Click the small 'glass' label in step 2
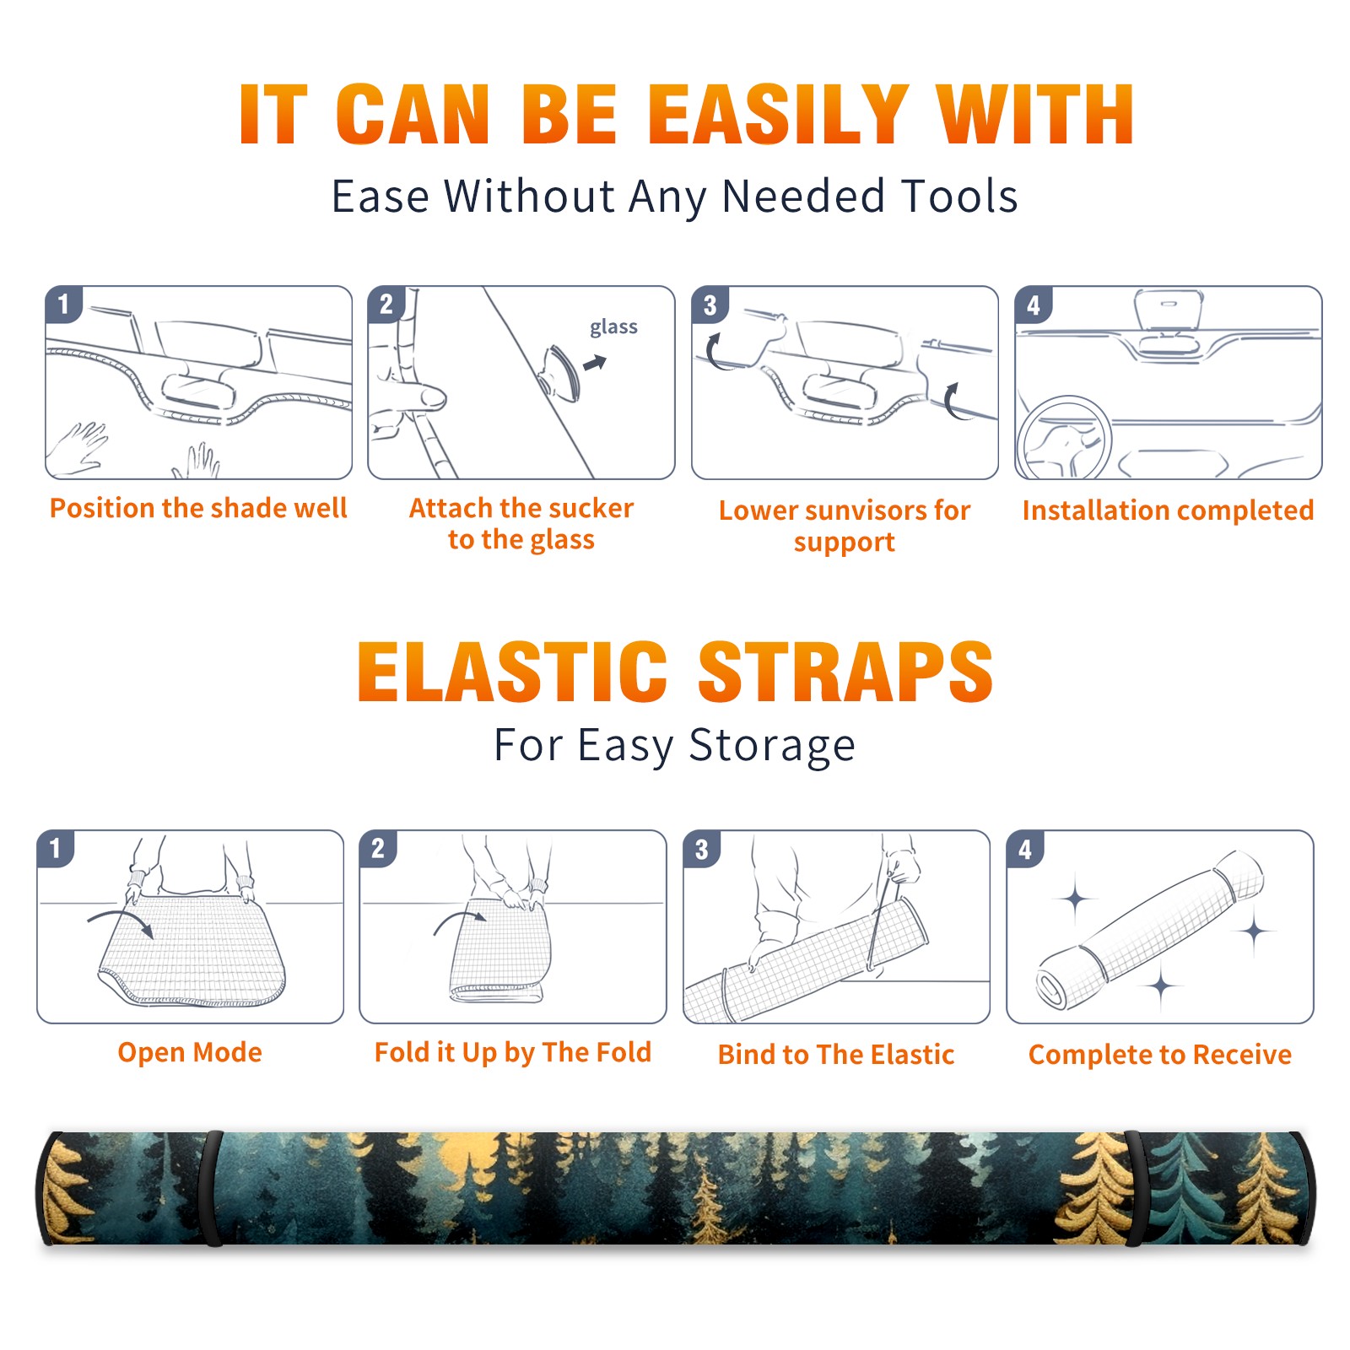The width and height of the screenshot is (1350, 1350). [613, 327]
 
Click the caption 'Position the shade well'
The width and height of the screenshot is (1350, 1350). [198, 508]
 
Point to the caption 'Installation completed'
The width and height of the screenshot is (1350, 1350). [1168, 510]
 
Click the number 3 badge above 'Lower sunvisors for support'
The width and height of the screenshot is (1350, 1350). [710, 305]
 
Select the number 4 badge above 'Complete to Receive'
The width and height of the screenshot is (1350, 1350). [1025, 849]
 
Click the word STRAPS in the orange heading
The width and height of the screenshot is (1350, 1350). [845, 672]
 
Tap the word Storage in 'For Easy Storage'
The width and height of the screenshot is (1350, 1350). [772, 746]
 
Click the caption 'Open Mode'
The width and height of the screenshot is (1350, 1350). [190, 1052]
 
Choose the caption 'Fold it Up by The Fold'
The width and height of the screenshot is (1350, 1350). [513, 1052]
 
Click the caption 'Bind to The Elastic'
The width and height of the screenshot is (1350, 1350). [836, 1055]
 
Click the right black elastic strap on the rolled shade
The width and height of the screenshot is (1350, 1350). [1136, 1188]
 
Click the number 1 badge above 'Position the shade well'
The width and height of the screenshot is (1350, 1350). [63, 304]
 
